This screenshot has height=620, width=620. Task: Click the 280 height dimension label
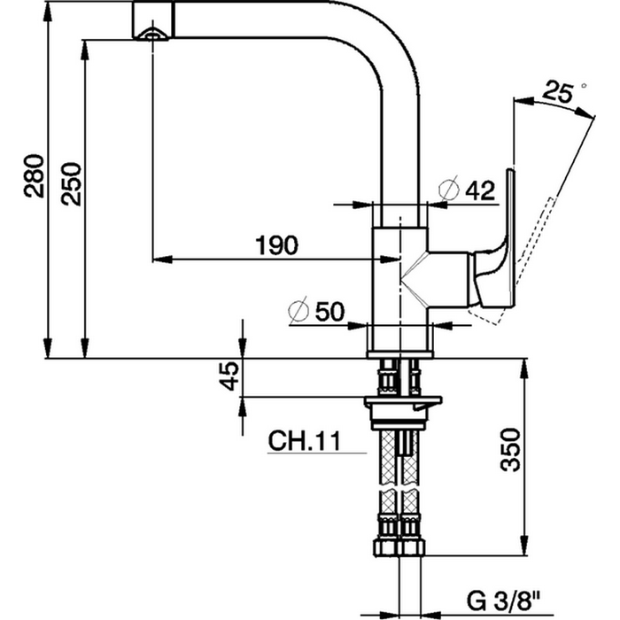click(33, 177)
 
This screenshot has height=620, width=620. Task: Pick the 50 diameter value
click(329, 312)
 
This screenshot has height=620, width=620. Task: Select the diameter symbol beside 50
click(298, 311)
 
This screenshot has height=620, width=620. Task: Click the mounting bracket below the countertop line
click(402, 404)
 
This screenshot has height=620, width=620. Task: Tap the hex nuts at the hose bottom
click(400, 541)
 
